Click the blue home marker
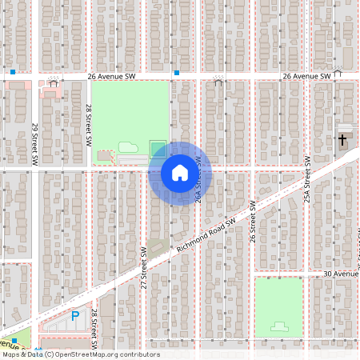[x=179, y=172]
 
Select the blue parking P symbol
[x=75, y=316]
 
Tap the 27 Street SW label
[x=145, y=267]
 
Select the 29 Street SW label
[x=35, y=144]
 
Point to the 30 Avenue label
[x=339, y=274]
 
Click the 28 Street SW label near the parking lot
[x=94, y=328]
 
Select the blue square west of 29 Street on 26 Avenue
[x=13, y=73]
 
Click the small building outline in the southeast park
[x=279, y=326]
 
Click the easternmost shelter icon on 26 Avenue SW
[x=338, y=72]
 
